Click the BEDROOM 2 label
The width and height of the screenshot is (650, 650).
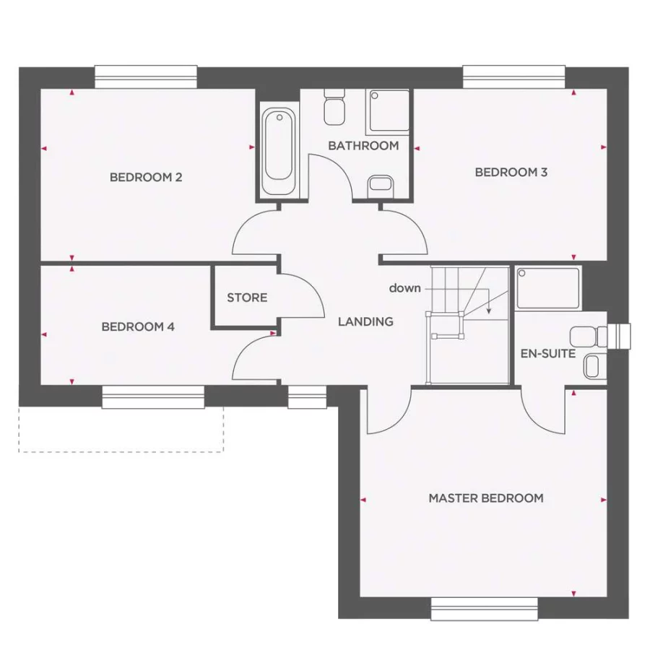coord(145,177)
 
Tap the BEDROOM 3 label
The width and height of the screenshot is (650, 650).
coord(511,172)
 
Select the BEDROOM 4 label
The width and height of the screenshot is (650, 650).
coord(138,326)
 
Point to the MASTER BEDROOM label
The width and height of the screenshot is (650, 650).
coord(485,498)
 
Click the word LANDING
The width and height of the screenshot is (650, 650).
coord(365,321)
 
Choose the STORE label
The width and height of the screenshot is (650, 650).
coord(247,298)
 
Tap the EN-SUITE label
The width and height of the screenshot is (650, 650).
coord(548,353)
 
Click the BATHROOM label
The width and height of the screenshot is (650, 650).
coord(363,145)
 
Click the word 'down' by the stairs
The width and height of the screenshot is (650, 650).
coord(404,287)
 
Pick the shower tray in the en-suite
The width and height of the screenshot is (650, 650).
coord(549,287)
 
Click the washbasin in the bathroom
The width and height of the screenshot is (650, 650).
coord(380,185)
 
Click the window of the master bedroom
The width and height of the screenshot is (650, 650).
coord(485,608)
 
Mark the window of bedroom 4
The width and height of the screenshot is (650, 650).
coord(153,396)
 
